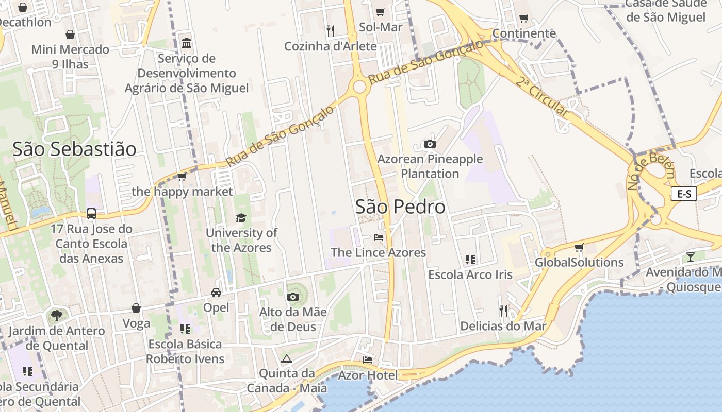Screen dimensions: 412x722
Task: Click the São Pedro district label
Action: pos(400,207)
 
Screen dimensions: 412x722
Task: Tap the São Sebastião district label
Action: pos(74,149)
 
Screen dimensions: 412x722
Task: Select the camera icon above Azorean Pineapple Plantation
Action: pos(430,144)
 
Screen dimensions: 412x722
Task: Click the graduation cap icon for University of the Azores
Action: pos(241,218)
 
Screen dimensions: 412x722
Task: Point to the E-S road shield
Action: pos(684,194)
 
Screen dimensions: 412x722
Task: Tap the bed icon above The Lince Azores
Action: pos(379,237)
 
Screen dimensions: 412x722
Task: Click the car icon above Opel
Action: pos(216,292)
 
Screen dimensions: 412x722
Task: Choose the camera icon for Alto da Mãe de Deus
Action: pos(292,297)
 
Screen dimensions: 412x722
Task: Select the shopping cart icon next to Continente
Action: pos(524,19)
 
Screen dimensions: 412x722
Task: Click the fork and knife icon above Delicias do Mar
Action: pos(503,311)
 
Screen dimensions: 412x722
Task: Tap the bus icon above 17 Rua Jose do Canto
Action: pos(91,213)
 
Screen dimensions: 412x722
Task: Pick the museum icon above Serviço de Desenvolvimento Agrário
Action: pos(187,42)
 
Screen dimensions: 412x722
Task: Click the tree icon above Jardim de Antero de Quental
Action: pos(56,315)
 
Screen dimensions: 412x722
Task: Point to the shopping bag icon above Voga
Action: pos(136,308)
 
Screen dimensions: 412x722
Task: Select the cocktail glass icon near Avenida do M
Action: pos(691,256)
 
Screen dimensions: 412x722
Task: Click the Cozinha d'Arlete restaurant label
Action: pos(331,46)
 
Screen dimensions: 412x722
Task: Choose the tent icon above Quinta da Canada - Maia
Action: pos(287,358)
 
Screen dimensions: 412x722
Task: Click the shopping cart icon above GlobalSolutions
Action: pos(579,247)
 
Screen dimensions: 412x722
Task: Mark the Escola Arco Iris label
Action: pos(470,274)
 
